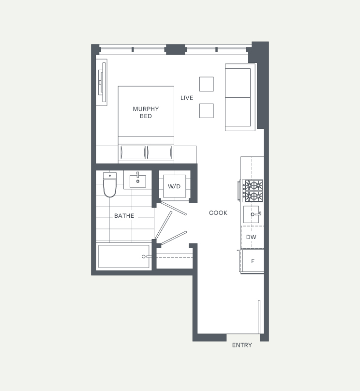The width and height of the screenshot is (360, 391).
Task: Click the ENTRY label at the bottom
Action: coord(242,345)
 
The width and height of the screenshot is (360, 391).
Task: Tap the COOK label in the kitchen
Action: coord(218,213)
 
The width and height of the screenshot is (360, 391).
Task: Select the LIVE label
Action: coord(187,98)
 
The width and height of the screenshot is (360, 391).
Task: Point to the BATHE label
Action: coord(124,216)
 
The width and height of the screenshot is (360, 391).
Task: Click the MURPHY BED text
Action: coord(146,112)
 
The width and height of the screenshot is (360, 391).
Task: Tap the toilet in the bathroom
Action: coord(110,184)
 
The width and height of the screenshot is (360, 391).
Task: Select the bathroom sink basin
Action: coord(138,180)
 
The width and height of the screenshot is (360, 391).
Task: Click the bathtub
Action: coord(124,256)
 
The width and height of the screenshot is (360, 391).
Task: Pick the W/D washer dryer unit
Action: coord(174,186)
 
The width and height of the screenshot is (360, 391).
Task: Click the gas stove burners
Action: coord(253,191)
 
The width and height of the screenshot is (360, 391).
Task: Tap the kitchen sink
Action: coord(251,214)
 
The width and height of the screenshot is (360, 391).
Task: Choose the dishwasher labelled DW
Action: coord(252,237)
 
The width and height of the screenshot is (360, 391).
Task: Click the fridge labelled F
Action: coord(252,261)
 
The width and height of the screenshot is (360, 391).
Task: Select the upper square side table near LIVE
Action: coord(207,84)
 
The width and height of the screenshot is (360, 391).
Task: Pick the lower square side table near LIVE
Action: coord(207,111)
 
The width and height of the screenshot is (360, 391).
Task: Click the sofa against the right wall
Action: coord(240,97)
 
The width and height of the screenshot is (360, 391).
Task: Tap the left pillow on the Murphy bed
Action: coord(133,152)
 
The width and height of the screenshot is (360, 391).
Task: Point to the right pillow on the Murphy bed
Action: coord(159,152)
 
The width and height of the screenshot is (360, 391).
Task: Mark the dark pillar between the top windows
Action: coord(175,49)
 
